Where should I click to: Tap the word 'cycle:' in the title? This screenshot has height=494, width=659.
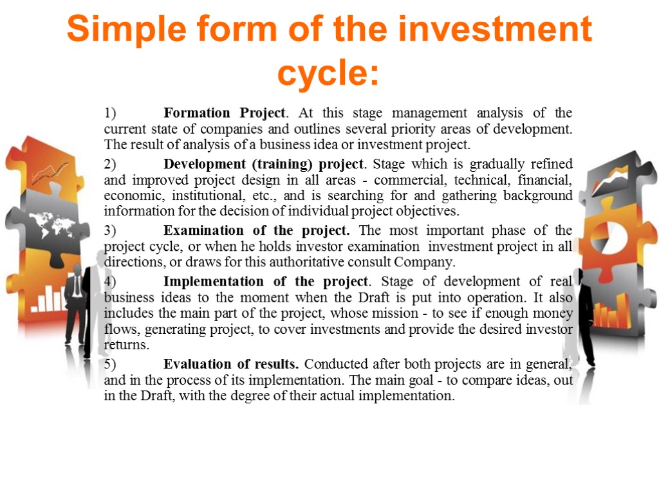tap(329, 73)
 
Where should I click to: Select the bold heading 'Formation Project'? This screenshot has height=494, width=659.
tap(224, 113)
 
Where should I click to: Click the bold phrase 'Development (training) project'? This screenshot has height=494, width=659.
tap(264, 164)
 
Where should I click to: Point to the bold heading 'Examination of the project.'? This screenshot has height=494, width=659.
tap(257, 230)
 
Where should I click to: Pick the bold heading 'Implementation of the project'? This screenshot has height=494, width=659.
tap(266, 282)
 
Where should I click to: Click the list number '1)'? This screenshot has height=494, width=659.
tap(110, 113)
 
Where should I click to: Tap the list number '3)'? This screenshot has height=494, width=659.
tap(110, 230)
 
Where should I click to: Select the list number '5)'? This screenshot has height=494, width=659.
tap(110, 364)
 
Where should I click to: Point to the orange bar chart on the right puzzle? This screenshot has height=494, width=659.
tap(610, 315)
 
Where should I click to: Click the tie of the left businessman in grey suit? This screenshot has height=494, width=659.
tap(78, 286)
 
